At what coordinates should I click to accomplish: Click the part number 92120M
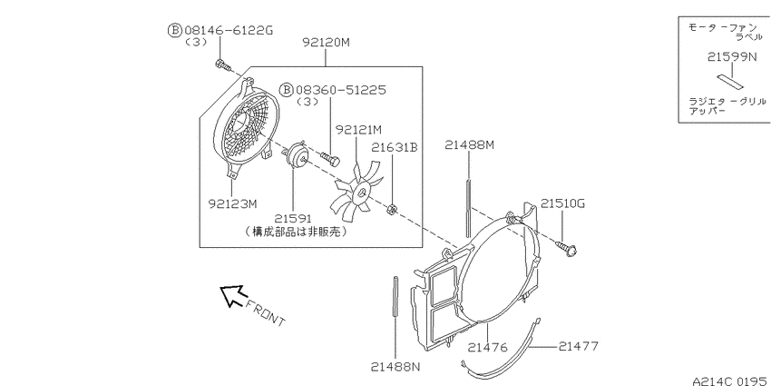click(x=326, y=43)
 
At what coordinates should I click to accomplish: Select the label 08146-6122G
click(x=229, y=31)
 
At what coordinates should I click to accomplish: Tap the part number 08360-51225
click(x=341, y=90)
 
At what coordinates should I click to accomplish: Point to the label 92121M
click(x=358, y=130)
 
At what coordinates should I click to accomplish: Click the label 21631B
click(x=395, y=147)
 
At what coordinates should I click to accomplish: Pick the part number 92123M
click(x=232, y=203)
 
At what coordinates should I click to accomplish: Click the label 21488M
click(x=469, y=144)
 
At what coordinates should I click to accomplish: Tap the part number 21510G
click(x=563, y=203)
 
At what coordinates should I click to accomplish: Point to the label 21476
click(x=487, y=348)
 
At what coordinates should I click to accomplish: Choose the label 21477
click(x=579, y=346)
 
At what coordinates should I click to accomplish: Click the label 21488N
click(x=395, y=367)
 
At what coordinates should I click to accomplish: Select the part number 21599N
click(x=732, y=57)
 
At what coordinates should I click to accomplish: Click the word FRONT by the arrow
click(x=265, y=312)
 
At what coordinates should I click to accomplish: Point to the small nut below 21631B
click(x=393, y=209)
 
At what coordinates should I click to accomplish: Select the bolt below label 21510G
click(x=566, y=248)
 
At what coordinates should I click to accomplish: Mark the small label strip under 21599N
click(x=729, y=81)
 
